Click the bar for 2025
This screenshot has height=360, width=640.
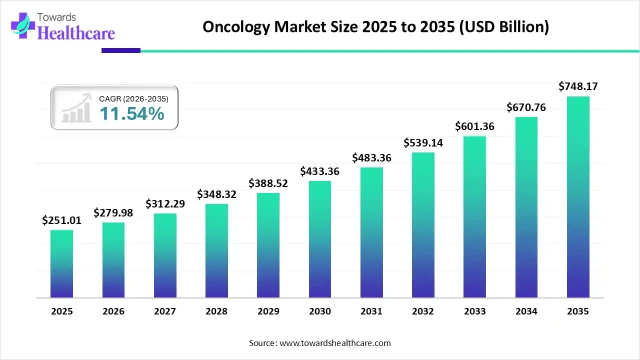[x=61, y=263]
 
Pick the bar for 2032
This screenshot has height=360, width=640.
[x=423, y=225]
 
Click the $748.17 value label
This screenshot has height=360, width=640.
[x=578, y=86]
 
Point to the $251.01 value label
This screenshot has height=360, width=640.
[x=61, y=220]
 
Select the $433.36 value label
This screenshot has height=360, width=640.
[x=319, y=171]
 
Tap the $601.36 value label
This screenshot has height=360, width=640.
[x=474, y=126]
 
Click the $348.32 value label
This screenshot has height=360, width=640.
[x=216, y=194]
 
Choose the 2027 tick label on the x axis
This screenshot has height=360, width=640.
[x=165, y=311]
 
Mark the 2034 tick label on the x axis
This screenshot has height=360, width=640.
[x=526, y=311]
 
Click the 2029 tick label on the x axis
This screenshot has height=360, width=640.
[x=268, y=311]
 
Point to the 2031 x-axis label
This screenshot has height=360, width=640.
[x=371, y=311]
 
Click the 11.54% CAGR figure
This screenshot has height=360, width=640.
[x=131, y=114]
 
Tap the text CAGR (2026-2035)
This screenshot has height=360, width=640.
[x=133, y=99]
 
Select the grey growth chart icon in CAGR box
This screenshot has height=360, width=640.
[x=76, y=108]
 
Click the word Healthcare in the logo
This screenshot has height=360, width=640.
[x=76, y=33]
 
